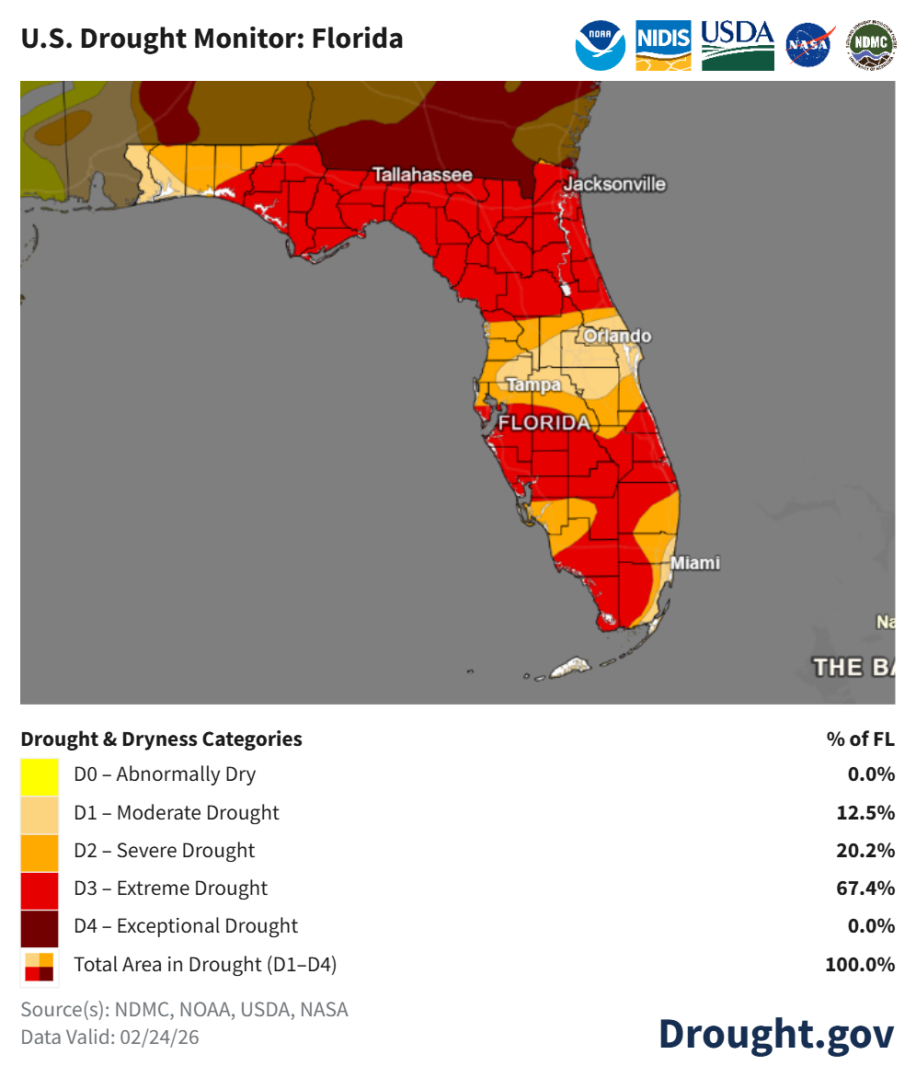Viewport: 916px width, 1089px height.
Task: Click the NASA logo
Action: pos(810,45)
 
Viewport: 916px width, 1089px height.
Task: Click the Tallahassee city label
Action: pos(422,175)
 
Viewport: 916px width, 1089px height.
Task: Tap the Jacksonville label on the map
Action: pos(614,184)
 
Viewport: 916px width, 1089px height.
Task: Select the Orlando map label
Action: pos(617,336)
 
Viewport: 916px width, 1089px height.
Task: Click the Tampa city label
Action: pos(533,385)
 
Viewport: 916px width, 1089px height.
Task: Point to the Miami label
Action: pos(695,563)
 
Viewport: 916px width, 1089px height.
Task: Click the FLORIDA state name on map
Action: pos(544,423)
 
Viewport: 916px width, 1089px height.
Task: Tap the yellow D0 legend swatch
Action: pos(40,775)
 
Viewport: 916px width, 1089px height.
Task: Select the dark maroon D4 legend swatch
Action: pos(40,927)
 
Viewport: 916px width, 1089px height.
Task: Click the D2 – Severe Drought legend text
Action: pos(165,851)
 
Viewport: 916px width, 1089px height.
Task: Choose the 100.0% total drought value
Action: pos(860,965)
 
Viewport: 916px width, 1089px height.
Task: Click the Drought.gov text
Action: pos(775,1033)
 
